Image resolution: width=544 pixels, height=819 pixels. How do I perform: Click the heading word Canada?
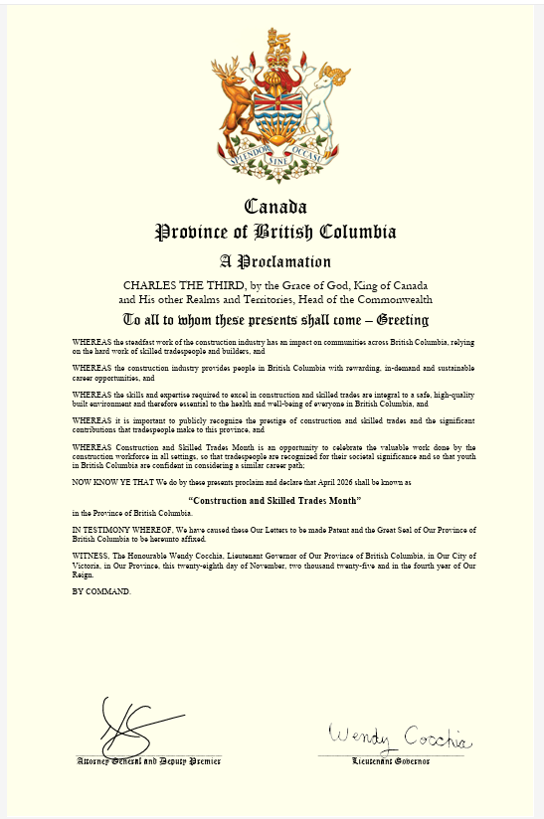click(x=275, y=208)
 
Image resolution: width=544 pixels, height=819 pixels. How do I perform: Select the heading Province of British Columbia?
click(x=275, y=233)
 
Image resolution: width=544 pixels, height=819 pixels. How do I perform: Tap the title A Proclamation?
click(x=275, y=262)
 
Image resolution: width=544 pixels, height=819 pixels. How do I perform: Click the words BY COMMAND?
click(x=100, y=591)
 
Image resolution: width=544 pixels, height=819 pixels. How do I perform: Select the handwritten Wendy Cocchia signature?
click(x=401, y=739)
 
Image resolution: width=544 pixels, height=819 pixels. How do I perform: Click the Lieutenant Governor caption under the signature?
click(x=391, y=761)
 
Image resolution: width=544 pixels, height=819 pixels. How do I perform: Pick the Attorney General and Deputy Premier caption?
click(x=149, y=761)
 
